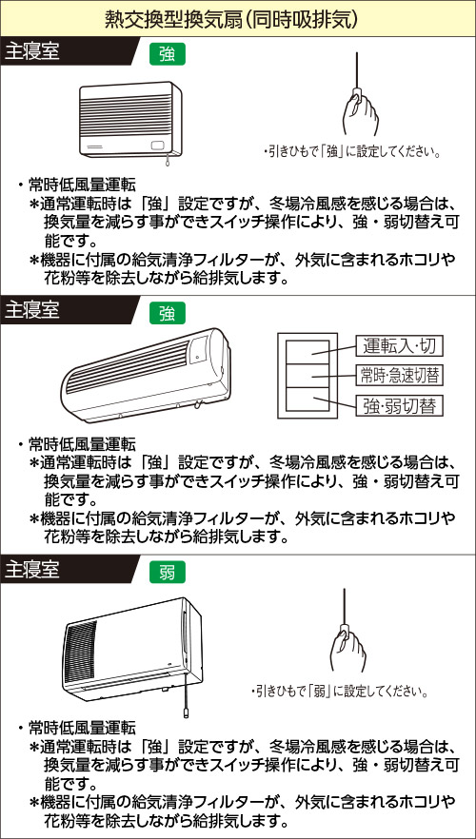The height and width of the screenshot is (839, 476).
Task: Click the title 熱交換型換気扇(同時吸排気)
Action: [x=238, y=19]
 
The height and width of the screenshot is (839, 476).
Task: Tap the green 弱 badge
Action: [x=168, y=572]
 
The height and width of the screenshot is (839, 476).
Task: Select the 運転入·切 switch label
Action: [x=400, y=346]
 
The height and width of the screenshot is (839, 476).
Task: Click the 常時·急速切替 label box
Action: [x=400, y=376]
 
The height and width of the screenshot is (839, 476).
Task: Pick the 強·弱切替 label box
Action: [x=400, y=405]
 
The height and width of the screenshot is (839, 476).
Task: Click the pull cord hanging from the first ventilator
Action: [x=169, y=159]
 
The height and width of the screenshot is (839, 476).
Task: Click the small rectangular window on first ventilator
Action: [x=158, y=145]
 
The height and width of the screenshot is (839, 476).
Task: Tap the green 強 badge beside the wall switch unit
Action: [x=168, y=312]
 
